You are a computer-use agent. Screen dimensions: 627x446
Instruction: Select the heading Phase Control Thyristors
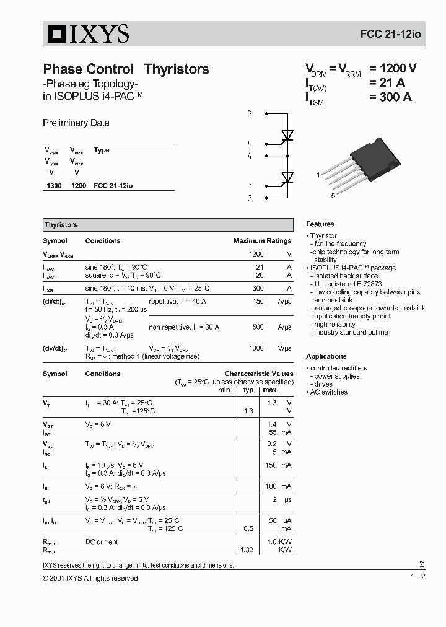click(x=126, y=69)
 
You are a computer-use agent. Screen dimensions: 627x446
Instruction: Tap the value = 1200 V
click(x=393, y=69)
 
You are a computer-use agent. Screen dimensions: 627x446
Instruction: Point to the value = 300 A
click(x=390, y=97)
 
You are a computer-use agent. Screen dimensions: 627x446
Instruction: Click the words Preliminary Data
click(x=76, y=123)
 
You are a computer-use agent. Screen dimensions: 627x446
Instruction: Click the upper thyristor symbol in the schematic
click(x=287, y=134)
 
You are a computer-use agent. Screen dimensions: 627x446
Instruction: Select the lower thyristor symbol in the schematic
click(x=287, y=178)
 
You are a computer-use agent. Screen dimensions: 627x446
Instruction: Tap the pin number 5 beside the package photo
click(x=333, y=196)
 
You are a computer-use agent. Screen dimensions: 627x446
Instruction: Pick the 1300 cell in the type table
click(x=54, y=186)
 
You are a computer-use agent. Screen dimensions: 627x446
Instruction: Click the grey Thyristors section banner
click(x=167, y=225)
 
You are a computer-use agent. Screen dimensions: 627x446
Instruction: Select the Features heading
click(x=320, y=224)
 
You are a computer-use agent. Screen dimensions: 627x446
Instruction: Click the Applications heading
click(x=326, y=357)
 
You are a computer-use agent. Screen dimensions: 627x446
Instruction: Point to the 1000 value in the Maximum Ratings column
click(x=256, y=349)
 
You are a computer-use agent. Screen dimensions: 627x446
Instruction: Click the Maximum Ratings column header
click(x=262, y=241)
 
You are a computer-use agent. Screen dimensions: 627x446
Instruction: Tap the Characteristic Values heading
click(x=258, y=374)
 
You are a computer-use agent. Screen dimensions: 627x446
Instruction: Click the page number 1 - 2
click(x=418, y=577)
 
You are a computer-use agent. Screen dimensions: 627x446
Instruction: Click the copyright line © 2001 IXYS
click(x=90, y=578)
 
